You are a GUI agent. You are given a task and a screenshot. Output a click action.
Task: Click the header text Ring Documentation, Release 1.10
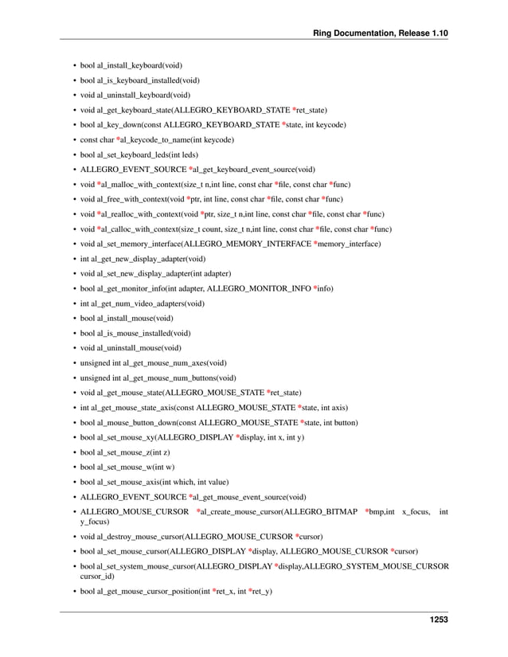pyautogui.click(x=381, y=33)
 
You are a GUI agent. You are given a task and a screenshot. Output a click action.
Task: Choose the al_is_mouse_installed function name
pyautogui.click(x=131, y=333)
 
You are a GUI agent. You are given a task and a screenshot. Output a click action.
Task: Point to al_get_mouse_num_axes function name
pyautogui.click(x=164, y=363)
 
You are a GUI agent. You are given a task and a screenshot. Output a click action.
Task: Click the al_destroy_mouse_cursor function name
pyautogui.click(x=139, y=537)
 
